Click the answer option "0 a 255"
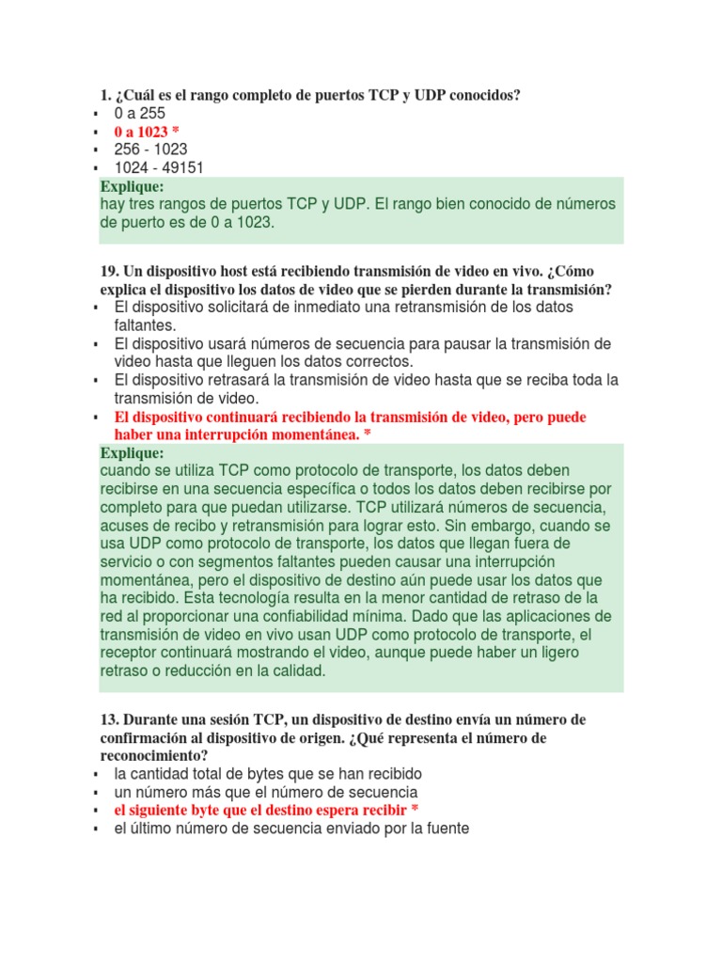click(x=139, y=114)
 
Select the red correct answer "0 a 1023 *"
click(x=147, y=132)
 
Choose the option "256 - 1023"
click(x=150, y=150)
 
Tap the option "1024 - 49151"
click(x=159, y=168)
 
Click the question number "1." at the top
click(x=105, y=96)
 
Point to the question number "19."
click(x=109, y=272)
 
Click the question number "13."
click(x=109, y=719)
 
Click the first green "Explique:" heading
click(x=133, y=186)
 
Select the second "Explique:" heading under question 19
click(x=133, y=452)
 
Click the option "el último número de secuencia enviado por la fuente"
click(x=290, y=829)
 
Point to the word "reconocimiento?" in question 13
click(x=154, y=755)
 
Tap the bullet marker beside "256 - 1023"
click(x=96, y=150)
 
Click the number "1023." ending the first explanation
click(x=253, y=223)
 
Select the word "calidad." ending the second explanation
click(x=290, y=671)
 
